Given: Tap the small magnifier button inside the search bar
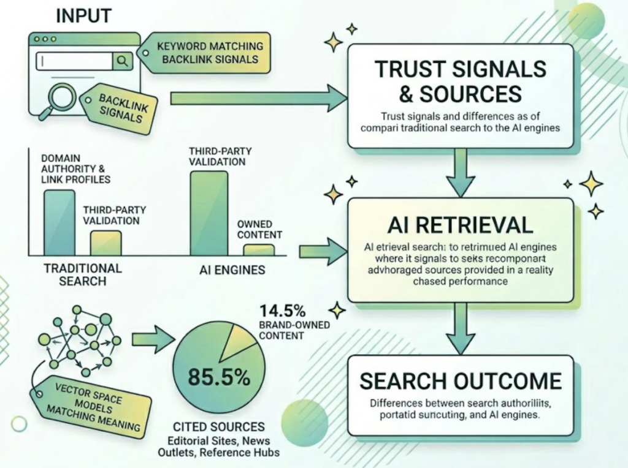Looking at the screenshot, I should coord(122,61).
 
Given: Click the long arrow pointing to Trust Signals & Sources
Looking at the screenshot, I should coord(258,98).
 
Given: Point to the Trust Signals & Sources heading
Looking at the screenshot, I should coord(461,81).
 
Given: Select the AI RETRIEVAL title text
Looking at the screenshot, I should coord(460,225).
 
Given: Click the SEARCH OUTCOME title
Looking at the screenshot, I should coord(460,381).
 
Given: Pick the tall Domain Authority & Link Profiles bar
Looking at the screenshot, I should coord(59,222).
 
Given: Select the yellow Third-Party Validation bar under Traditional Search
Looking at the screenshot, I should coord(105,243).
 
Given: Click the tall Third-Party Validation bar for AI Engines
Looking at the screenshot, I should coord(209,213).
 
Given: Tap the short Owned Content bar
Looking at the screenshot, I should coord(258,249).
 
